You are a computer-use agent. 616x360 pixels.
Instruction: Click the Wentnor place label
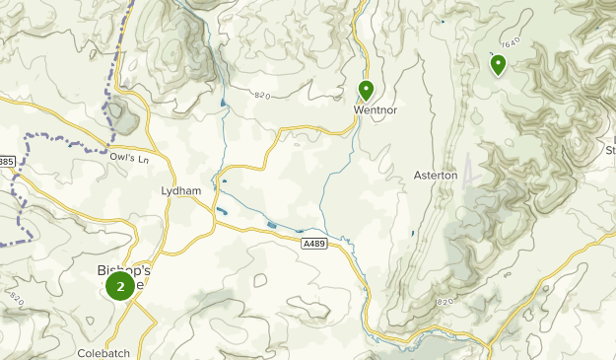[376, 110]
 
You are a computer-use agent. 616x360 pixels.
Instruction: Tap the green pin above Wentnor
[366, 92]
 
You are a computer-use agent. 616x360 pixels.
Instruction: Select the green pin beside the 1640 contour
[498, 65]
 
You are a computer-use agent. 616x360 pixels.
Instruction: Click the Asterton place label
[436, 175]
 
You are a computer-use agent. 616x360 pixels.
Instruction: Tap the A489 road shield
[312, 243]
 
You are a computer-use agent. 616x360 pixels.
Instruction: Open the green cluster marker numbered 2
[120, 287]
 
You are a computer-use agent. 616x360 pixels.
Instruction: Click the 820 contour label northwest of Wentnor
[261, 96]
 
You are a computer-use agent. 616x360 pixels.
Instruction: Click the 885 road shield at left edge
[6, 161]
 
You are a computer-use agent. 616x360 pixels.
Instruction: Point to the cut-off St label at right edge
[609, 151]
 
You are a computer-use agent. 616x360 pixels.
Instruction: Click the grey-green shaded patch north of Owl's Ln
[122, 113]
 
